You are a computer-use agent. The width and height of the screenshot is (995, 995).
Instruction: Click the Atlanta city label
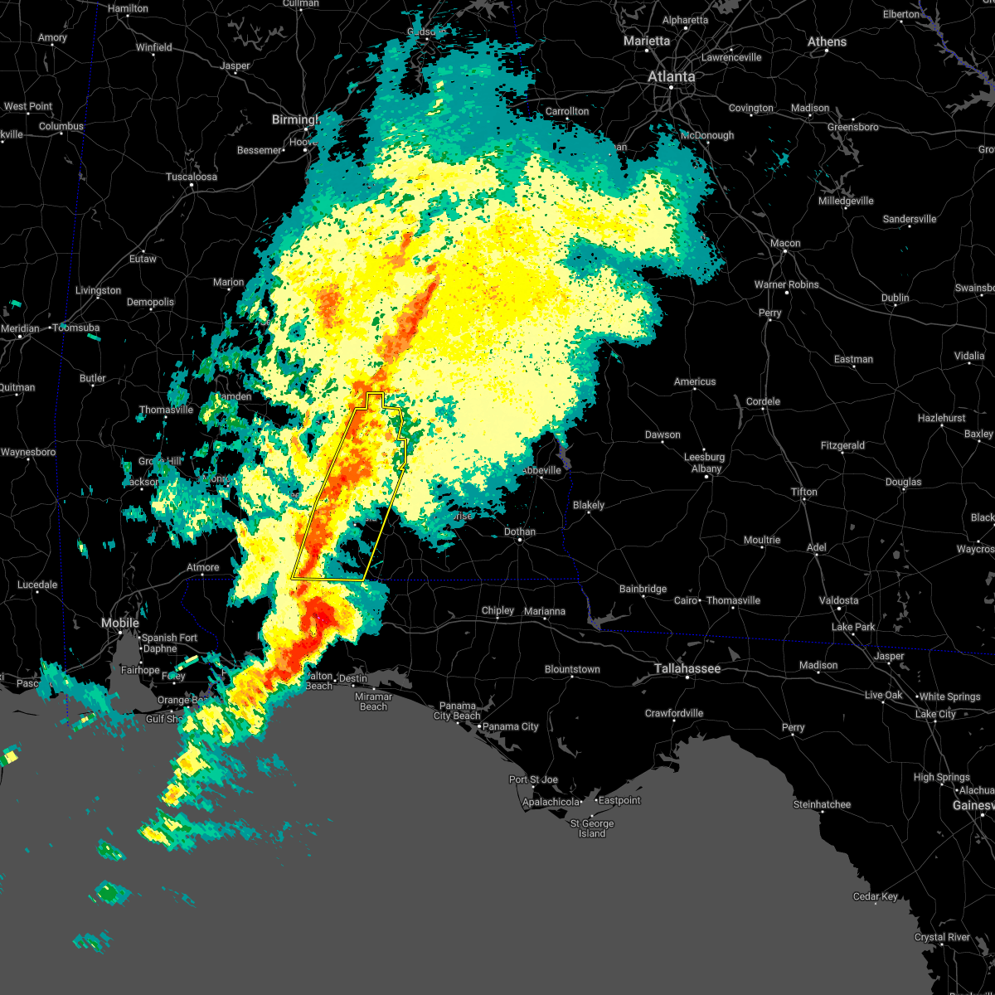[x=671, y=76]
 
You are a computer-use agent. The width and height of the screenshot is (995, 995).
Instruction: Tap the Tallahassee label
[x=687, y=668]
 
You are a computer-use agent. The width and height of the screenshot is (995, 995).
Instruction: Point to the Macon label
[x=785, y=243]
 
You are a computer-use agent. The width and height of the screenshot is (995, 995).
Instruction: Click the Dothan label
[x=520, y=531]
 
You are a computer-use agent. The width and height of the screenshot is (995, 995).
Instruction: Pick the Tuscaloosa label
[x=192, y=177]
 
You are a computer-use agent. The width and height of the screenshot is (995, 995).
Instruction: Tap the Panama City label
[x=511, y=726]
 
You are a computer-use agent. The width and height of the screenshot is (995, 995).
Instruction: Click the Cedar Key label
[x=875, y=896]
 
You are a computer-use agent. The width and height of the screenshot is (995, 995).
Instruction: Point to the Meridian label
[x=21, y=328]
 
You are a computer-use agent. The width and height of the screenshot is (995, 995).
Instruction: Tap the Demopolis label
[x=150, y=302]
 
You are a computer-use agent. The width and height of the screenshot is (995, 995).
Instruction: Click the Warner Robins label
[x=786, y=284]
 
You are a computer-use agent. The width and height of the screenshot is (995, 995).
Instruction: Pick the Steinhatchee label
[x=822, y=804]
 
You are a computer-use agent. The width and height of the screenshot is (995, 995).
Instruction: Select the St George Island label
[x=592, y=828]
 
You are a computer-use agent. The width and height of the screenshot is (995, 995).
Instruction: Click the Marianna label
[x=544, y=611]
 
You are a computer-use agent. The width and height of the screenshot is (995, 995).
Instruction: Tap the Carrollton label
[x=567, y=111]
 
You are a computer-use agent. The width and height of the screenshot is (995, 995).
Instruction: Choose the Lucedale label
[x=37, y=585]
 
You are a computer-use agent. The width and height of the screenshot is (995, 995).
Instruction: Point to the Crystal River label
[x=943, y=937]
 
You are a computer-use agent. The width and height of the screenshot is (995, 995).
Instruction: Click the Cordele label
[x=763, y=401]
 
